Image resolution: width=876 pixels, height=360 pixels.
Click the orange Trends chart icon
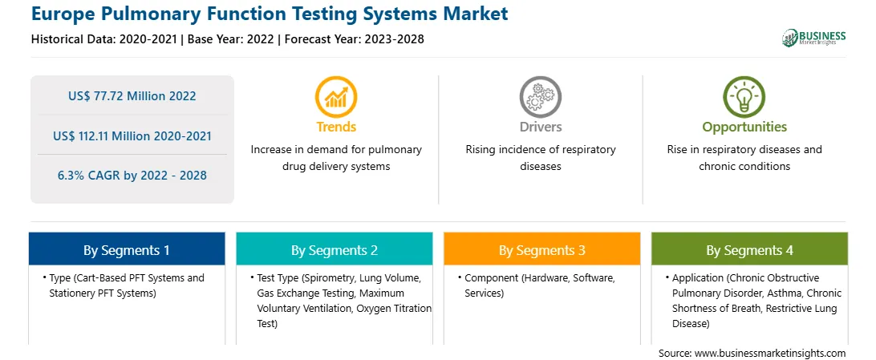pyautogui.click(x=336, y=96)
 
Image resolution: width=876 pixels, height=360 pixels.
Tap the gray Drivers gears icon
pyautogui.click(x=540, y=96)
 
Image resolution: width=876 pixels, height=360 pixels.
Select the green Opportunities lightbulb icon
pyautogui.click(x=744, y=96)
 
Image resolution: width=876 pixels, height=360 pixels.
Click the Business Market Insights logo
pyautogui.click(x=814, y=38)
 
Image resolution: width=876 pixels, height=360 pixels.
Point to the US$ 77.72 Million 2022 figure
pyautogui.click(x=132, y=96)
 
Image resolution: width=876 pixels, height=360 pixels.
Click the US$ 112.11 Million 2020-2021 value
pyautogui.click(x=132, y=136)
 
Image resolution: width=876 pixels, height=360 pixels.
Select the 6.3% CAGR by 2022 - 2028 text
pyautogui.click(x=132, y=176)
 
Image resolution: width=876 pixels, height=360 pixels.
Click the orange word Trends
pyautogui.click(x=336, y=127)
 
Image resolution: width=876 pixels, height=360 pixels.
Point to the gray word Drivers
pyautogui.click(x=541, y=127)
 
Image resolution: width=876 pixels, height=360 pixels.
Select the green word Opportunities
pyautogui.click(x=744, y=127)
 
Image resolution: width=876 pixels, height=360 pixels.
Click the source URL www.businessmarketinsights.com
pyautogui.click(x=770, y=354)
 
